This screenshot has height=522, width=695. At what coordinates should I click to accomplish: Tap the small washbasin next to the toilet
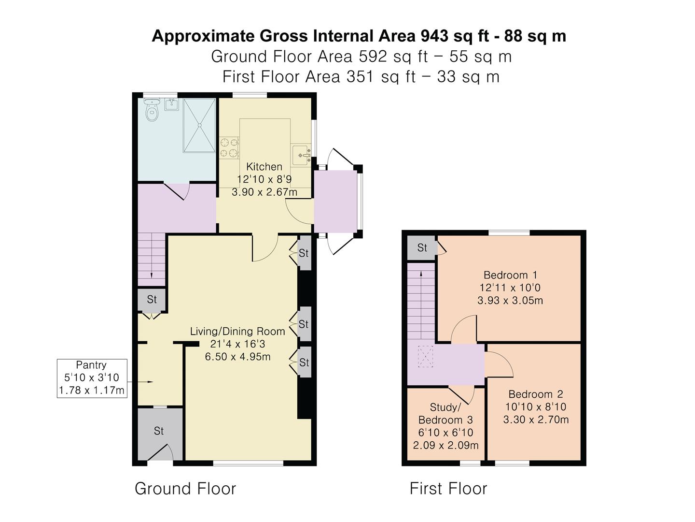[171, 104]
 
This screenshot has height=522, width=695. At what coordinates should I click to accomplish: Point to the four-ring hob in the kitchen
[229, 148]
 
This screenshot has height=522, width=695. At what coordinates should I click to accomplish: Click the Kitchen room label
[264, 167]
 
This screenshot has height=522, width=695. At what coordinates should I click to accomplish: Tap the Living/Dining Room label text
[237, 332]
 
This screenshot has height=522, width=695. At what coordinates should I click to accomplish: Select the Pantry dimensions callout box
[92, 378]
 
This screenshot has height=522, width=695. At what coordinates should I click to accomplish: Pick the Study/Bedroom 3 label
[445, 413]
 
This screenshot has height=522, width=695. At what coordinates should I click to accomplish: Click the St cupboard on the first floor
[422, 248]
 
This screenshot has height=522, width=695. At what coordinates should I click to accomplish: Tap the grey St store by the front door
[159, 431]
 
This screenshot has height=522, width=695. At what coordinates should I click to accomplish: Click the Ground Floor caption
[185, 489]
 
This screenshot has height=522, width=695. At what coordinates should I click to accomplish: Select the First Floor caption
[448, 489]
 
